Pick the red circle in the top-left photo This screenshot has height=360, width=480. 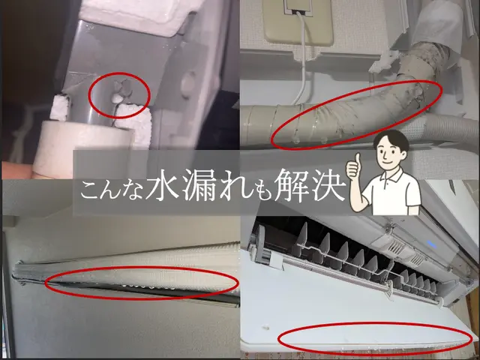pos(120,95)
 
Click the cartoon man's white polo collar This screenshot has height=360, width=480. pos(391,177)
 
